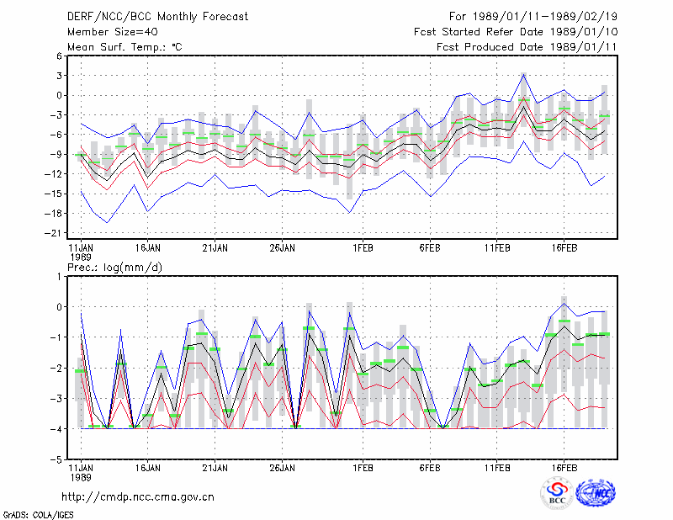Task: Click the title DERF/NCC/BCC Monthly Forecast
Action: [x=157, y=17]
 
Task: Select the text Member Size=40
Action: [x=113, y=32]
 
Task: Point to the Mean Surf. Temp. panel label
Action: [x=125, y=47]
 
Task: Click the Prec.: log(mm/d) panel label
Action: [x=114, y=268]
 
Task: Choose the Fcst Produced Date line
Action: [x=527, y=47]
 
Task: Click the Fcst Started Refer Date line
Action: [x=516, y=32]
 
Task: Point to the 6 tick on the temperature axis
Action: [x=59, y=56]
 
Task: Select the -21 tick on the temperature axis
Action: [x=54, y=233]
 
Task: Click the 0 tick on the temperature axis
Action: [x=59, y=95]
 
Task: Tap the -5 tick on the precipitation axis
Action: [x=57, y=459]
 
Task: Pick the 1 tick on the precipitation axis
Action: [x=59, y=277]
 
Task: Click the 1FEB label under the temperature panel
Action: [x=363, y=248]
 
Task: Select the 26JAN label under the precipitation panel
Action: [x=282, y=468]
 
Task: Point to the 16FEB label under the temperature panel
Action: [x=564, y=248]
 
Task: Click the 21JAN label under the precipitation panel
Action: [x=215, y=468]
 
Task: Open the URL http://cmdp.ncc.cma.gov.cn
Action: [x=138, y=497]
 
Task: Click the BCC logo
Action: [x=557, y=493]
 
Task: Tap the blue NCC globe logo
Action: [x=596, y=493]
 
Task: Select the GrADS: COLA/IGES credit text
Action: [x=38, y=515]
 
